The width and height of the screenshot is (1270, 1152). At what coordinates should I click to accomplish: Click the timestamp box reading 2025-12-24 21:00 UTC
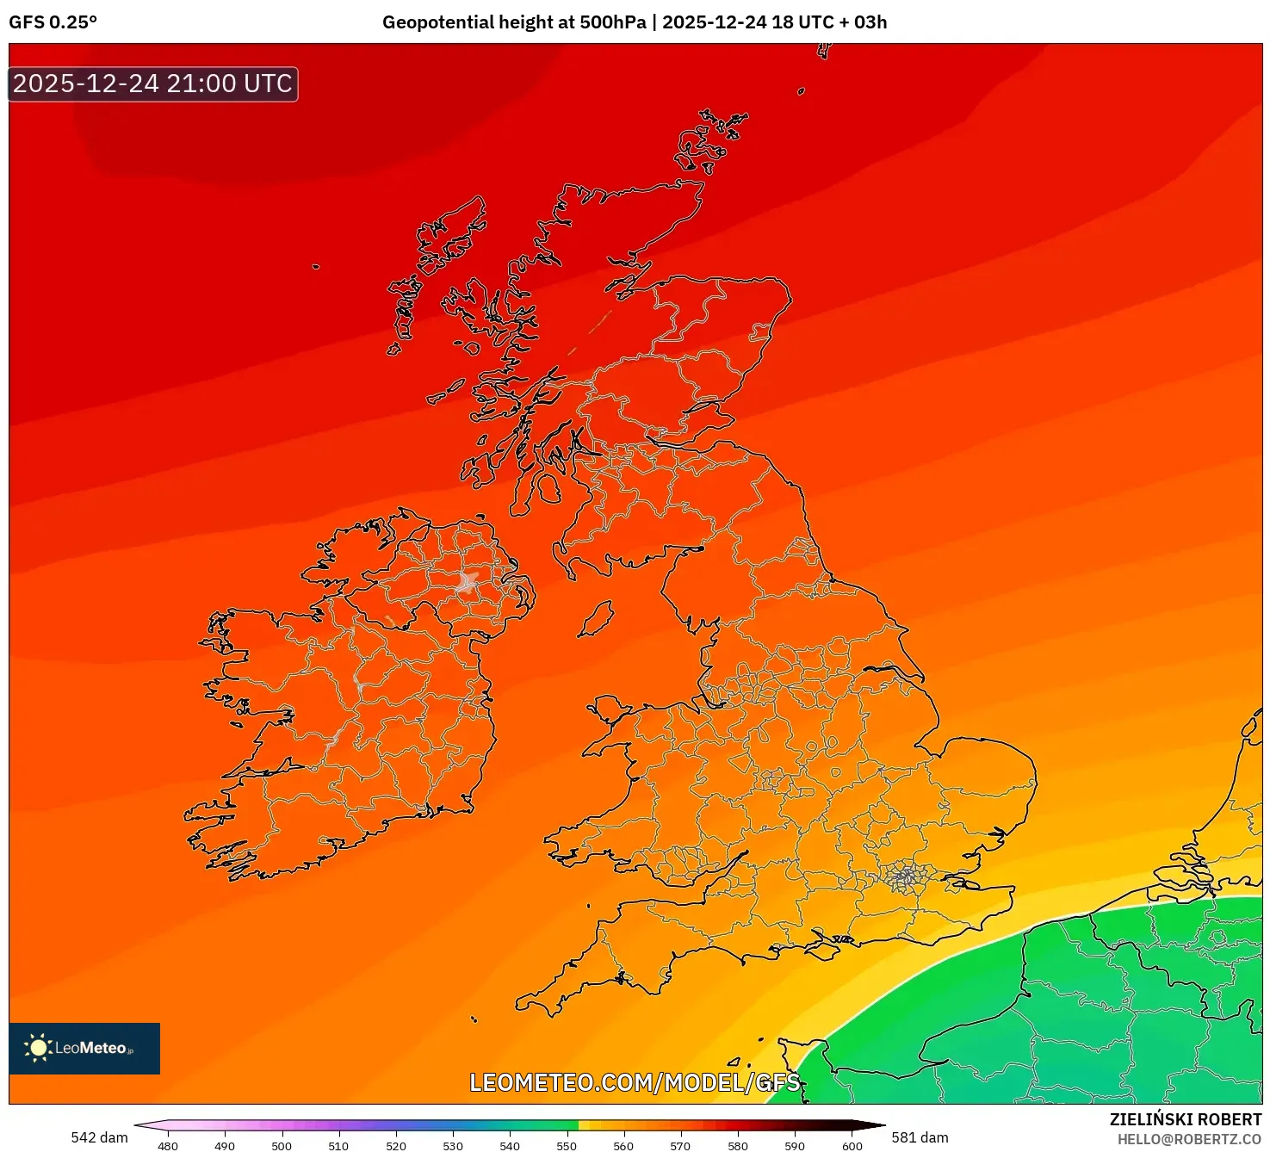click(153, 84)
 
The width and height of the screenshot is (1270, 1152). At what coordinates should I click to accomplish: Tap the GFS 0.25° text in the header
click(53, 22)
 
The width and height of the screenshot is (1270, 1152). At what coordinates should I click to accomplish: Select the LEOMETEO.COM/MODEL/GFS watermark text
click(635, 1082)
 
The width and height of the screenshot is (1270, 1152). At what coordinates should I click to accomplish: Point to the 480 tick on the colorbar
click(168, 1145)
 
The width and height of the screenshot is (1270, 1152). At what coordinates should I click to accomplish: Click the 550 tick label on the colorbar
click(567, 1145)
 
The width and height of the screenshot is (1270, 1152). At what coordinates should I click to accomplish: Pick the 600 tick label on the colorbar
click(852, 1145)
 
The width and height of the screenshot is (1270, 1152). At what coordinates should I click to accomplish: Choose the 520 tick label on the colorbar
click(396, 1145)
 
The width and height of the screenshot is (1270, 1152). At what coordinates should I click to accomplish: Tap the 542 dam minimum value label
click(99, 1137)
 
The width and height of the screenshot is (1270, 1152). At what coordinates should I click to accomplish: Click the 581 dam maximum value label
click(920, 1137)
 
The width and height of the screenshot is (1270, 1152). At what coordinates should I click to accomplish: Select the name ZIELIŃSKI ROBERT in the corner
click(1185, 1119)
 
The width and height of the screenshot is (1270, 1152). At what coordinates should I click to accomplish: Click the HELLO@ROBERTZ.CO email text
click(1189, 1139)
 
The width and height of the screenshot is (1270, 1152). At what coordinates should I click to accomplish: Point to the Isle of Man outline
click(596, 619)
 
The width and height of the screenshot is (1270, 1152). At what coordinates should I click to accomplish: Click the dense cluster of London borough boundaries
click(905, 877)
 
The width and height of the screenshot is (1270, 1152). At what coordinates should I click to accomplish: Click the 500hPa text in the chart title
click(612, 22)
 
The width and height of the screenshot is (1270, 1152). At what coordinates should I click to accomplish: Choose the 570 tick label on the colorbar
click(680, 1145)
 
